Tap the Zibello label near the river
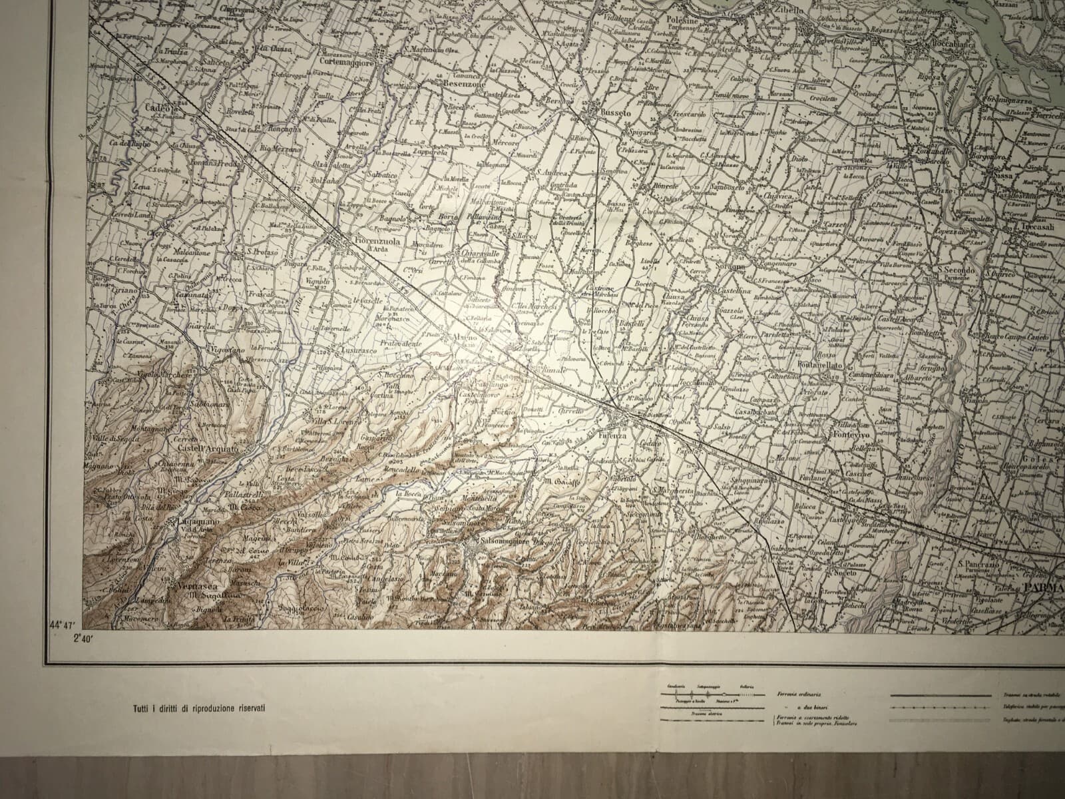tap(789, 11)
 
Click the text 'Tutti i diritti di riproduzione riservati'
tap(198, 707)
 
